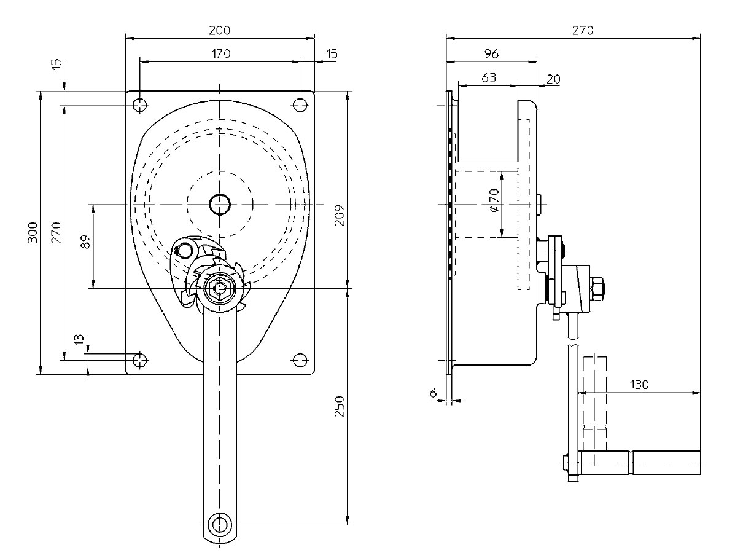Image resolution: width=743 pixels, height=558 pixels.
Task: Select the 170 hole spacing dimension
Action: [x=220, y=53]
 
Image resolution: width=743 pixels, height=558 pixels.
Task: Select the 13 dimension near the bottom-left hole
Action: [x=79, y=340]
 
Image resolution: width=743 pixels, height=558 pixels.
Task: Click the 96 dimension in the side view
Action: [x=491, y=53]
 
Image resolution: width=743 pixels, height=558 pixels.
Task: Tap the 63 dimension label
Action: [x=488, y=77]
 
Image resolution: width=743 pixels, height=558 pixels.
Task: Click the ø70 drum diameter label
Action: [x=495, y=200]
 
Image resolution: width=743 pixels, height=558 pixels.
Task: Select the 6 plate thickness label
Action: [x=434, y=392]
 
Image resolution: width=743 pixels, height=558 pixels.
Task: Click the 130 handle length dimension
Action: [x=639, y=385]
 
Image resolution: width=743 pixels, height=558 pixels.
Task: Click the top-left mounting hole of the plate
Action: [x=140, y=105]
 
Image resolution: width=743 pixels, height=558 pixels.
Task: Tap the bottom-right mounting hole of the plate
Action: [x=300, y=360]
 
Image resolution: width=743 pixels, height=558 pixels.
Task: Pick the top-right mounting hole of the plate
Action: [x=300, y=105]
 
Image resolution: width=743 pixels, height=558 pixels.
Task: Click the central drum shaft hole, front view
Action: [x=219, y=203]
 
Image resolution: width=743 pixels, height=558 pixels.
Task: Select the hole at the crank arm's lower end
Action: [x=219, y=524]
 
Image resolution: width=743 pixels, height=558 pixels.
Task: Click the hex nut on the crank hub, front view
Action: [x=219, y=287]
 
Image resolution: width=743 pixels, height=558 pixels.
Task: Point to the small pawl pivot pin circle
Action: [x=183, y=250]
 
